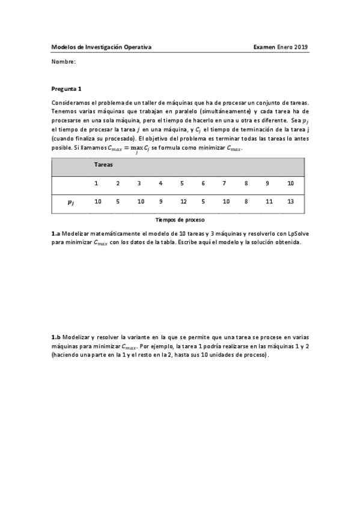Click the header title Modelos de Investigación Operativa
(102, 47)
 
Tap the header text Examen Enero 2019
(280, 47)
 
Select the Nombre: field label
(64, 62)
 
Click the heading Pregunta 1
(67, 88)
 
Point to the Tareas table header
(104, 164)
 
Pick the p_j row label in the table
(71, 202)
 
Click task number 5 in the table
(182, 183)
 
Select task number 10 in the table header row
(290, 183)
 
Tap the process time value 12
(183, 201)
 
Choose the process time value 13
(290, 201)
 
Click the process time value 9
(160, 201)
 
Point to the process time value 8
(246, 201)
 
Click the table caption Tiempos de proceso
(180, 220)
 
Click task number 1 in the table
(96, 183)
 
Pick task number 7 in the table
(224, 183)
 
